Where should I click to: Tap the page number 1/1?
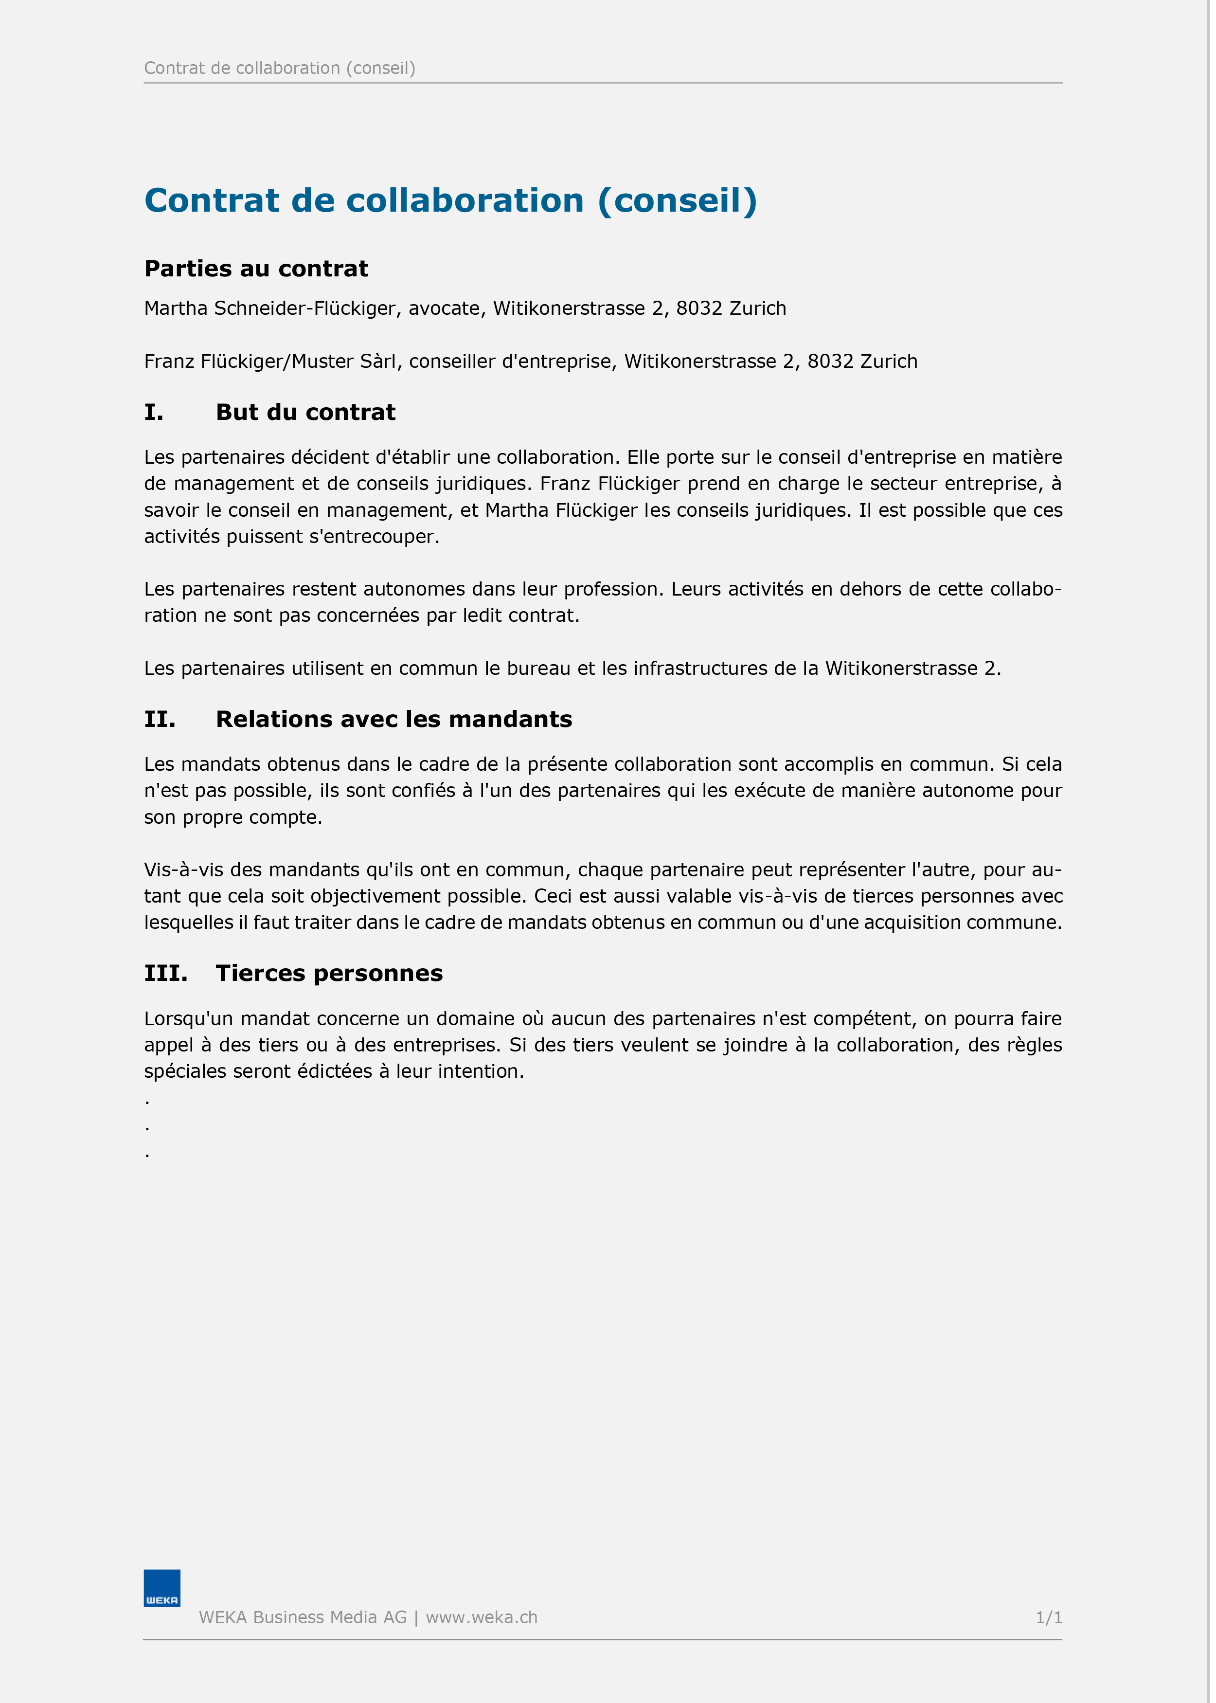tap(1048, 1618)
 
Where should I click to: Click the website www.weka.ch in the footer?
tap(482, 1618)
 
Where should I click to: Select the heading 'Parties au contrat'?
tap(256, 269)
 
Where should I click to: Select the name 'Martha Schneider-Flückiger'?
tap(269, 308)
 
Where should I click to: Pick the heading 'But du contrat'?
tap(305, 412)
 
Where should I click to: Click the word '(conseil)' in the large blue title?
tap(677, 200)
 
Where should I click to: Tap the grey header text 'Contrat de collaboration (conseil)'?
tap(279, 68)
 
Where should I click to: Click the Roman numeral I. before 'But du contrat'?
tap(154, 412)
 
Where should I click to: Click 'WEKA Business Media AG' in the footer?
tap(303, 1618)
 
